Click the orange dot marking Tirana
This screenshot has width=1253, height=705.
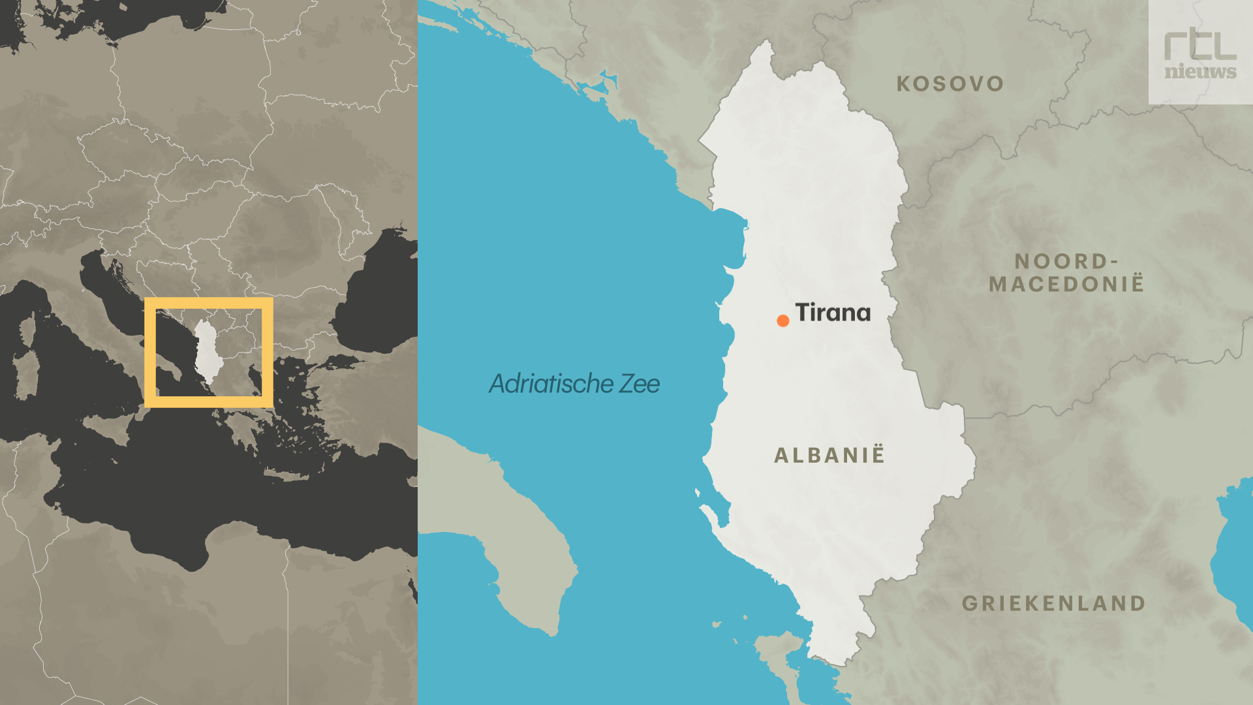coord(783,321)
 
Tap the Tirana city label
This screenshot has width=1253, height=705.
coord(833,313)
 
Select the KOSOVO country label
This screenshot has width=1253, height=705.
coord(950,84)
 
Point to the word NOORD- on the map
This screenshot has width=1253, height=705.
coord(1066,261)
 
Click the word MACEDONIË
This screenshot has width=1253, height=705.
coord(1066,285)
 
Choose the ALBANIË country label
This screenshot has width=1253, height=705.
coord(829,455)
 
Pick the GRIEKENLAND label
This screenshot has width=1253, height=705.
coord(1054,603)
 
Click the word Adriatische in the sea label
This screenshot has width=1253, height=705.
coord(551,384)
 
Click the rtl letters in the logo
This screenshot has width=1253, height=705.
coord(1200,44)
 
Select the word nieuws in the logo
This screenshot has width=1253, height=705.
coord(1200,71)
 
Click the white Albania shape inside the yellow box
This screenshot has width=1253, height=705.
coord(208,349)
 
